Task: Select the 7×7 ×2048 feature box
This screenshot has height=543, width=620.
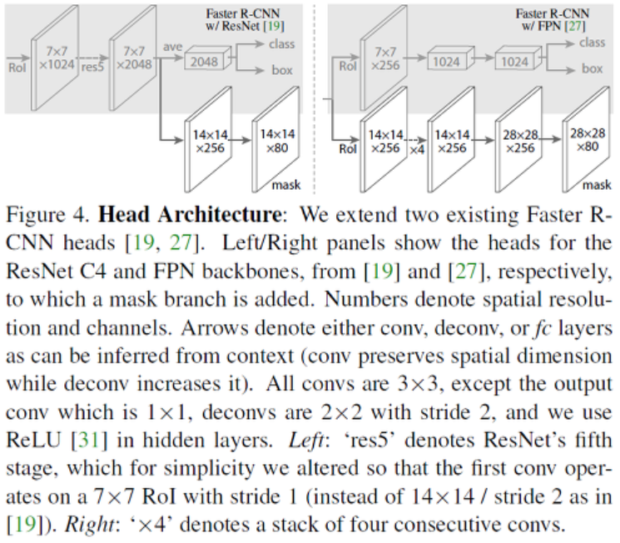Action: [133, 58]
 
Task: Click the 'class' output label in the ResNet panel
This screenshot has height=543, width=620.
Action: [283, 42]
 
